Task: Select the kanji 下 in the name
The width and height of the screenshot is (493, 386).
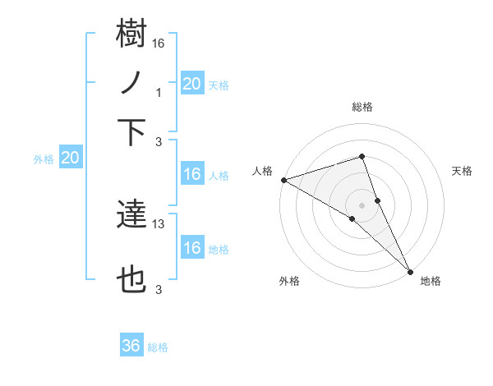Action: (131, 132)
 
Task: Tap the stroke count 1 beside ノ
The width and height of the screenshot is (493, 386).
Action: (159, 93)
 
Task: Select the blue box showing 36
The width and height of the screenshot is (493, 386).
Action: (131, 346)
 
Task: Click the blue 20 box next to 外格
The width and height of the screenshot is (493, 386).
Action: (71, 159)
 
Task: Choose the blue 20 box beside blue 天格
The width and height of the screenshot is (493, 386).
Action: (191, 83)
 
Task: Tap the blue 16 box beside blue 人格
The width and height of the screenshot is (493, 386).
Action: (191, 174)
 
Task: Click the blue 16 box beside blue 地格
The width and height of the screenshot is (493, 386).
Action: (191, 248)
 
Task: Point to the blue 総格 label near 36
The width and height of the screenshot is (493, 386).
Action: (158, 347)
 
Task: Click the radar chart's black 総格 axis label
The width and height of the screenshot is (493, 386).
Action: (362, 107)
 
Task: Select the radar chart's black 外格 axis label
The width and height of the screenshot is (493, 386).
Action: (289, 281)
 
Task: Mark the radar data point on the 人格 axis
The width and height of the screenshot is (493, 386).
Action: (283, 180)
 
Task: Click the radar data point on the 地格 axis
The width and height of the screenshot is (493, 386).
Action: (410, 270)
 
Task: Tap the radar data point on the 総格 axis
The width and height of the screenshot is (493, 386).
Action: (362, 156)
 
